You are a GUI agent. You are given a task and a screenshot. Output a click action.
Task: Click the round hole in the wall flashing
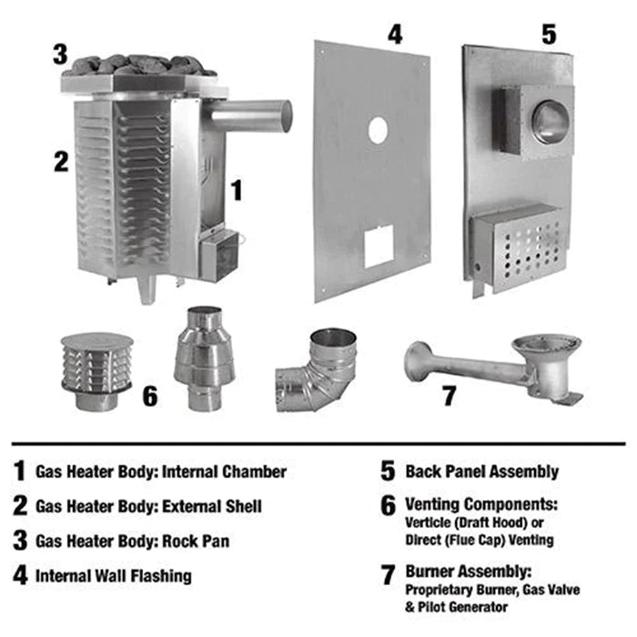pos(377,131)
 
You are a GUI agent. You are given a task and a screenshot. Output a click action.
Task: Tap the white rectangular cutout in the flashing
pos(379,246)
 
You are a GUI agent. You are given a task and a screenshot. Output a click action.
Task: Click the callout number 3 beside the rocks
pos(60,53)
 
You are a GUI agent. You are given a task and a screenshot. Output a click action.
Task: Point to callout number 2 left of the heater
pos(60,161)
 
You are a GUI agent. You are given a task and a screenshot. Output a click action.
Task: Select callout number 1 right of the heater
pos(236,190)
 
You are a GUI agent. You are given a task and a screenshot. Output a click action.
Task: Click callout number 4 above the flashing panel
pos(393,35)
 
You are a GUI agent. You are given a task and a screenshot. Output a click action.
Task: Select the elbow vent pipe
pos(318,373)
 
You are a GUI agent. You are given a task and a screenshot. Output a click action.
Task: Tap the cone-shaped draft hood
pos(206,359)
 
